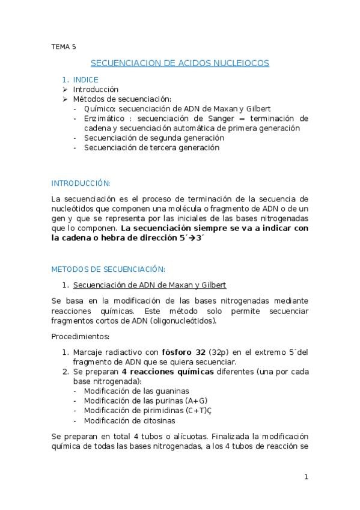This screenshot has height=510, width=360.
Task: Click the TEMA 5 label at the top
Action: point(63,46)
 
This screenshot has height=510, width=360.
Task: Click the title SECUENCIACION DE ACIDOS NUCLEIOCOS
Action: point(180,63)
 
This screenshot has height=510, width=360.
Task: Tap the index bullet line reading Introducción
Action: point(96,89)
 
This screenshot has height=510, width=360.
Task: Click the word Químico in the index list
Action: point(99,109)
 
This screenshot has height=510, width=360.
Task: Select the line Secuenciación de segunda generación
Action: point(154,138)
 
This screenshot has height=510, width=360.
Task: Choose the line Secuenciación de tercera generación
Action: point(151,147)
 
